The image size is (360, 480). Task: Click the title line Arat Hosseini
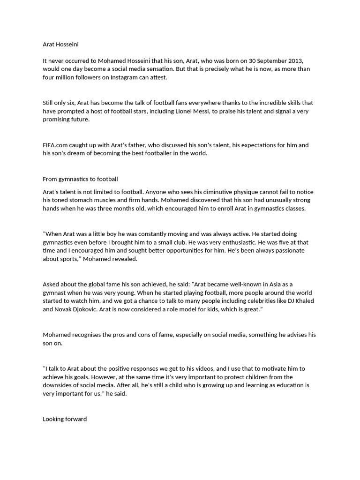coord(61,45)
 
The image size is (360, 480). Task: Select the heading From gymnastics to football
coord(80,179)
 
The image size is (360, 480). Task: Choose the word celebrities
coord(257,301)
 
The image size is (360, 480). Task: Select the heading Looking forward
coord(65,419)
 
